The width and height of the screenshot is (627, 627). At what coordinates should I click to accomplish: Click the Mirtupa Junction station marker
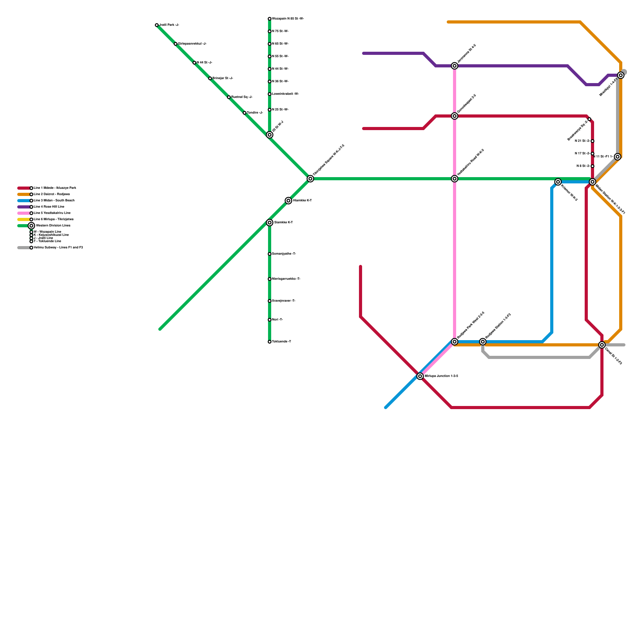[420, 376]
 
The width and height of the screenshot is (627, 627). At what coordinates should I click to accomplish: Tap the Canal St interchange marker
[602, 345]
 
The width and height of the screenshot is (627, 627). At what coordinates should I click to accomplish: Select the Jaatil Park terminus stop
[157, 25]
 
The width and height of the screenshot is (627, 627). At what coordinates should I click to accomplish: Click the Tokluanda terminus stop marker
[270, 342]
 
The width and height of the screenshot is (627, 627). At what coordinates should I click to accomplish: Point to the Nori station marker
[270, 320]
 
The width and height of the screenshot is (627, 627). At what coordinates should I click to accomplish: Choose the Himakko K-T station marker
[288, 201]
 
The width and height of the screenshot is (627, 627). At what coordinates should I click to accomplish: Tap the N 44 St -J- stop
[194, 63]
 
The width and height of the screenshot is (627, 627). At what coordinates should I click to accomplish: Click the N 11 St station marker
[618, 157]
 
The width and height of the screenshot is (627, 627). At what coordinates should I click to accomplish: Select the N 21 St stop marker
[593, 141]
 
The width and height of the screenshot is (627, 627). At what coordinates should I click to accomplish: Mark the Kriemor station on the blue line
[558, 182]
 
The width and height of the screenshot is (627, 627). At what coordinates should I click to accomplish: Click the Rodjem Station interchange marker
[483, 342]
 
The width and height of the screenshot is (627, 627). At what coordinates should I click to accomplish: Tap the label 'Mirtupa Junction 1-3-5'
[441, 376]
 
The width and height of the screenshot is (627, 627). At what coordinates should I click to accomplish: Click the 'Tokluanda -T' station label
[281, 342]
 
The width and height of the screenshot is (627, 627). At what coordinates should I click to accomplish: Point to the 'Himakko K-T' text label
[302, 201]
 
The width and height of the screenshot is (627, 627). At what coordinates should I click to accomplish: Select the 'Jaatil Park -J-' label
[169, 25]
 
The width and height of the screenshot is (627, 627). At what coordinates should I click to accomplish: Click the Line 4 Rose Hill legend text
[49, 207]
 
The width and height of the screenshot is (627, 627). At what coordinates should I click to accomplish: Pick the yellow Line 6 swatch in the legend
[24, 219]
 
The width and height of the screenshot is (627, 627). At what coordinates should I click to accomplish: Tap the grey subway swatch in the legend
[24, 248]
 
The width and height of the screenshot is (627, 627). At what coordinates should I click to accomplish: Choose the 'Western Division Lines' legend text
[53, 226]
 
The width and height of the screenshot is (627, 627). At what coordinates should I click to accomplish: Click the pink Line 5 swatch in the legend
[24, 213]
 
